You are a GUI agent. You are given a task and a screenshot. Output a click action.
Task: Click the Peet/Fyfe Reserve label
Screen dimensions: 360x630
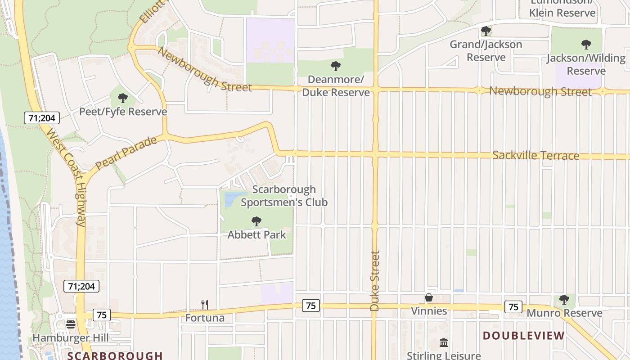[123, 112]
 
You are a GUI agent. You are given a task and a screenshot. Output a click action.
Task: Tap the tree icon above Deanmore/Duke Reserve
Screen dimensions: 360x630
[335, 67]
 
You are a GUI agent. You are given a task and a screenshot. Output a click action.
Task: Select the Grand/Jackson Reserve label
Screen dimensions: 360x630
[486, 51]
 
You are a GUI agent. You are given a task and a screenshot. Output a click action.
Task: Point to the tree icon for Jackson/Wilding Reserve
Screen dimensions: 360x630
[586, 45]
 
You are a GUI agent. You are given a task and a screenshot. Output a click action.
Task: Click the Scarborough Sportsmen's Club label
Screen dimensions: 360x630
[284, 196]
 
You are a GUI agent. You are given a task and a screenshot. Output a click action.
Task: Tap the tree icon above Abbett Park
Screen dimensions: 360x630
[256, 221]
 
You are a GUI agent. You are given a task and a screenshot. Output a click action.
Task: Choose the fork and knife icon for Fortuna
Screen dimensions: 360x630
[205, 305]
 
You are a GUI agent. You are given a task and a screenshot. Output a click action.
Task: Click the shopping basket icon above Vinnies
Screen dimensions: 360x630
[429, 297]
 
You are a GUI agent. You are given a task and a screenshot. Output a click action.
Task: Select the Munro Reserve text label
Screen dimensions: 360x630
[564, 313]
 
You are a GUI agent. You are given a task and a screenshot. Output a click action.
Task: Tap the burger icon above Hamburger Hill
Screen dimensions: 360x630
[70, 324]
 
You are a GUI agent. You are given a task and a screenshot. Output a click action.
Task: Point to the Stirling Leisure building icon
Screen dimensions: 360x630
[444, 343]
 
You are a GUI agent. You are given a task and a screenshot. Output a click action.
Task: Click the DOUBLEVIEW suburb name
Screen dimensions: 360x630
[523, 336]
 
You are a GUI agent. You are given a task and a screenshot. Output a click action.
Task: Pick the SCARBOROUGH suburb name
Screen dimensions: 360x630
[115, 355]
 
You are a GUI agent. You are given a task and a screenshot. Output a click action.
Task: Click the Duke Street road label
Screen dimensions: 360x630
[374, 280]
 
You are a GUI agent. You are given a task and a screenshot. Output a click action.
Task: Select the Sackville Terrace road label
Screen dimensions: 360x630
[535, 156]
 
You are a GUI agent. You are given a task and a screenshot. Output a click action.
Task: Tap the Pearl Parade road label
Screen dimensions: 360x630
[126, 153]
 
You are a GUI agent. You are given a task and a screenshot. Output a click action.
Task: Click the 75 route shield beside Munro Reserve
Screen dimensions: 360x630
[513, 306]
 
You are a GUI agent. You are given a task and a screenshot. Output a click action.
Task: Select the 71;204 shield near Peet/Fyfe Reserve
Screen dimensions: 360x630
[41, 118]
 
